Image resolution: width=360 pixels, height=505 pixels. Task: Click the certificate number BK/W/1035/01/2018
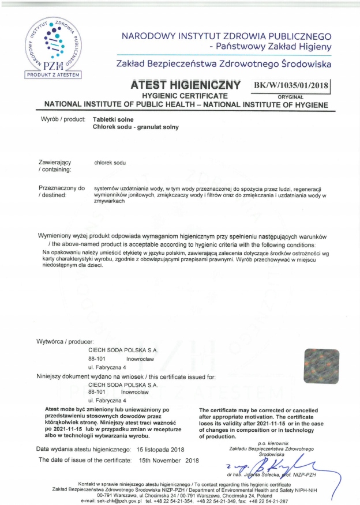point(290,85)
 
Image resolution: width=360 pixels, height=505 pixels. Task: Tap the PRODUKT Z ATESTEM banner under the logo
point(53,74)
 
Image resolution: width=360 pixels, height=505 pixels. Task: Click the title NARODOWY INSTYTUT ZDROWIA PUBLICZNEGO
point(226,36)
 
